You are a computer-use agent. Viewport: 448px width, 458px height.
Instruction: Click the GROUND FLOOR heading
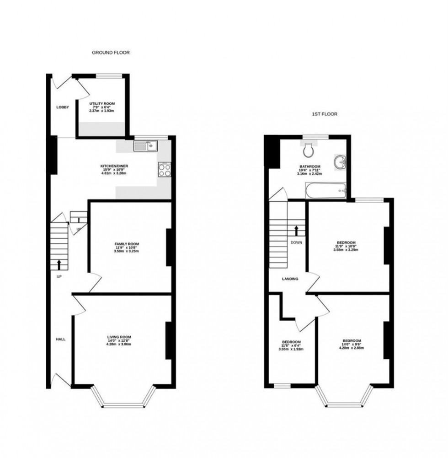[x=111, y=53]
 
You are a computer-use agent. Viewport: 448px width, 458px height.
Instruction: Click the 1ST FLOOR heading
[x=325, y=114]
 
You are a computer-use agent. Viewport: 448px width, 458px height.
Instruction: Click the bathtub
[x=326, y=190]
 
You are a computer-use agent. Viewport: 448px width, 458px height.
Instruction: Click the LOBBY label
[x=63, y=108]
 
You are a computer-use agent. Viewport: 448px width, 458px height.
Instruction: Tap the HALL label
[x=61, y=339]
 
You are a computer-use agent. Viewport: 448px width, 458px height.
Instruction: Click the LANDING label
[x=290, y=279]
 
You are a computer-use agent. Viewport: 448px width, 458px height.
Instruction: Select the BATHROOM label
[x=310, y=167]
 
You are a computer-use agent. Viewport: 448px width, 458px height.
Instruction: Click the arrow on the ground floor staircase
[x=59, y=264]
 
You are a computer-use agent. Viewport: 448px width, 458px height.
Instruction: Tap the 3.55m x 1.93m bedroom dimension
[x=291, y=349]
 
